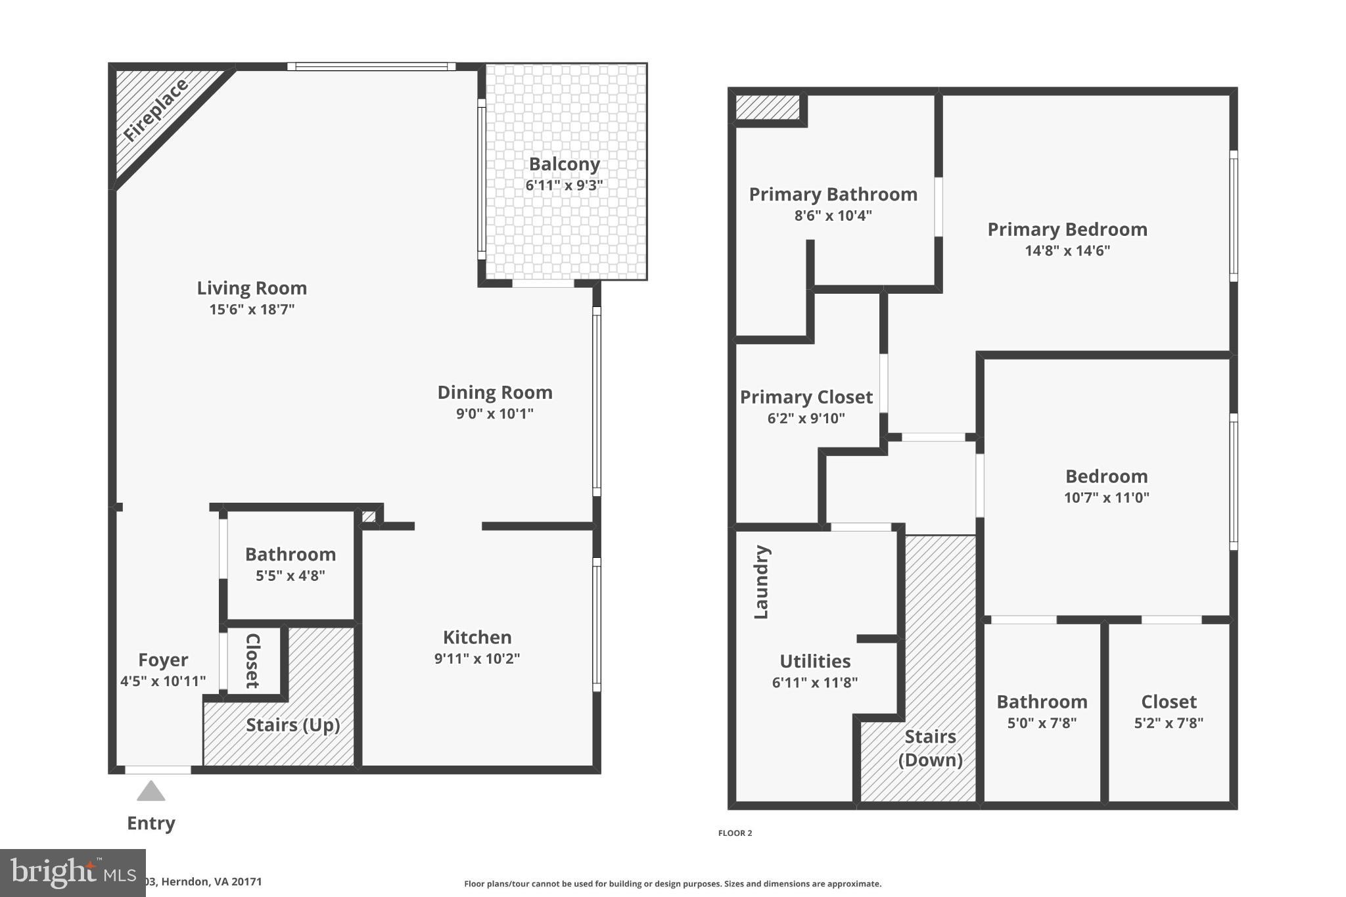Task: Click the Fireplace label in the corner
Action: click(x=156, y=110)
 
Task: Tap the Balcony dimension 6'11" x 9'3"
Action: click(x=564, y=185)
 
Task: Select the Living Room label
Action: click(x=252, y=288)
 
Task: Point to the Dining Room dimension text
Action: click(x=494, y=413)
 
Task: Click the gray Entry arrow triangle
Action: click(x=151, y=791)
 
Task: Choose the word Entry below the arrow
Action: click(x=151, y=823)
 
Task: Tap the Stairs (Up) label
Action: click(x=292, y=725)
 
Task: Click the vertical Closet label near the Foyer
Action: click(x=252, y=660)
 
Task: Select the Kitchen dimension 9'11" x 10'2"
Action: click(x=476, y=658)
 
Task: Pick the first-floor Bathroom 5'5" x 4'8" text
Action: click(x=290, y=576)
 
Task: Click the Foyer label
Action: click(x=163, y=660)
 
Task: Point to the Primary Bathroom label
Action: click(x=833, y=195)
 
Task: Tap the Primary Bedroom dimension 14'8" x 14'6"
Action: click(x=1067, y=250)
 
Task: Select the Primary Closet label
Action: click(x=806, y=397)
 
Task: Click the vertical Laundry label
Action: click(x=761, y=582)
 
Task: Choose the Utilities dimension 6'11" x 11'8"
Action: click(x=814, y=683)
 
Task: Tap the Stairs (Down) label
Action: click(x=930, y=748)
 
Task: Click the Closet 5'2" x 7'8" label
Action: click(x=1168, y=702)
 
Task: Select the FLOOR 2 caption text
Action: click(x=735, y=833)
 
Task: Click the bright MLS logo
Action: click(x=72, y=873)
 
